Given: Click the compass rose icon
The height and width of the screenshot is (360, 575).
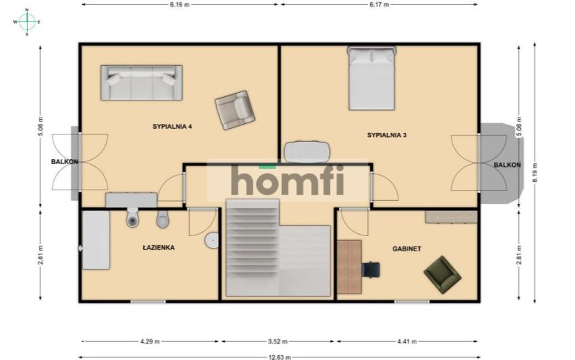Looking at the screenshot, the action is click(27, 22).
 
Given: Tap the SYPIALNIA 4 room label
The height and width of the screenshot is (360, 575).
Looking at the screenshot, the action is click(172, 127).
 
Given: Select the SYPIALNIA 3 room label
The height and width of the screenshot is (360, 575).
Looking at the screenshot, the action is click(387, 135).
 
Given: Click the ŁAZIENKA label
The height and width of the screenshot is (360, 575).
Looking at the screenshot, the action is click(159, 247).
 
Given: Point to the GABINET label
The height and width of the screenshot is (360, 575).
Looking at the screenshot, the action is click(407, 249).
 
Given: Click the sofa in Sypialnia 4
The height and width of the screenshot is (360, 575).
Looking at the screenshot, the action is click(141, 83).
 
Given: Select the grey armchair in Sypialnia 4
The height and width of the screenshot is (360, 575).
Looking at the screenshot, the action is click(235, 110).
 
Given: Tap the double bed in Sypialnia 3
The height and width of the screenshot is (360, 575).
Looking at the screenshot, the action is click(372, 78).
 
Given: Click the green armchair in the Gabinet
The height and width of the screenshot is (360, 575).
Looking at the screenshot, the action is click(442, 275).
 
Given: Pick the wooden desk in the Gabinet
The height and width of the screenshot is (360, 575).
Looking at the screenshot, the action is click(349, 267).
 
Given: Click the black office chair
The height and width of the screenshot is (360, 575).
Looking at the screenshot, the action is click(371, 270).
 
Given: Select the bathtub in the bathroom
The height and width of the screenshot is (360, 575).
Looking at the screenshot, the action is click(96, 240).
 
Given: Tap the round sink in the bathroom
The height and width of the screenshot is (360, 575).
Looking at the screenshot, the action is click(211, 240).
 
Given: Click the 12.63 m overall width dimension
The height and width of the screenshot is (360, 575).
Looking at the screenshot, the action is click(279, 357).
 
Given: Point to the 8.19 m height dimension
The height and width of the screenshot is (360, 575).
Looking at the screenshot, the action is click(535, 172).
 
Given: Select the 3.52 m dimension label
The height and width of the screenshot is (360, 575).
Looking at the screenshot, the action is click(278, 341).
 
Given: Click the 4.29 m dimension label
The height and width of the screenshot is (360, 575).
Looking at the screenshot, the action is click(150, 341).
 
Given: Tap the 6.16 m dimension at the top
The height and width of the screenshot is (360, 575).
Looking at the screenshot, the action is click(179, 4).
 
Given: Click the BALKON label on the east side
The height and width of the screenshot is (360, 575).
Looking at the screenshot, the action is click(507, 165).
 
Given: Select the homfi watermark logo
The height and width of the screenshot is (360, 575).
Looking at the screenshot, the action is click(288, 180).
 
